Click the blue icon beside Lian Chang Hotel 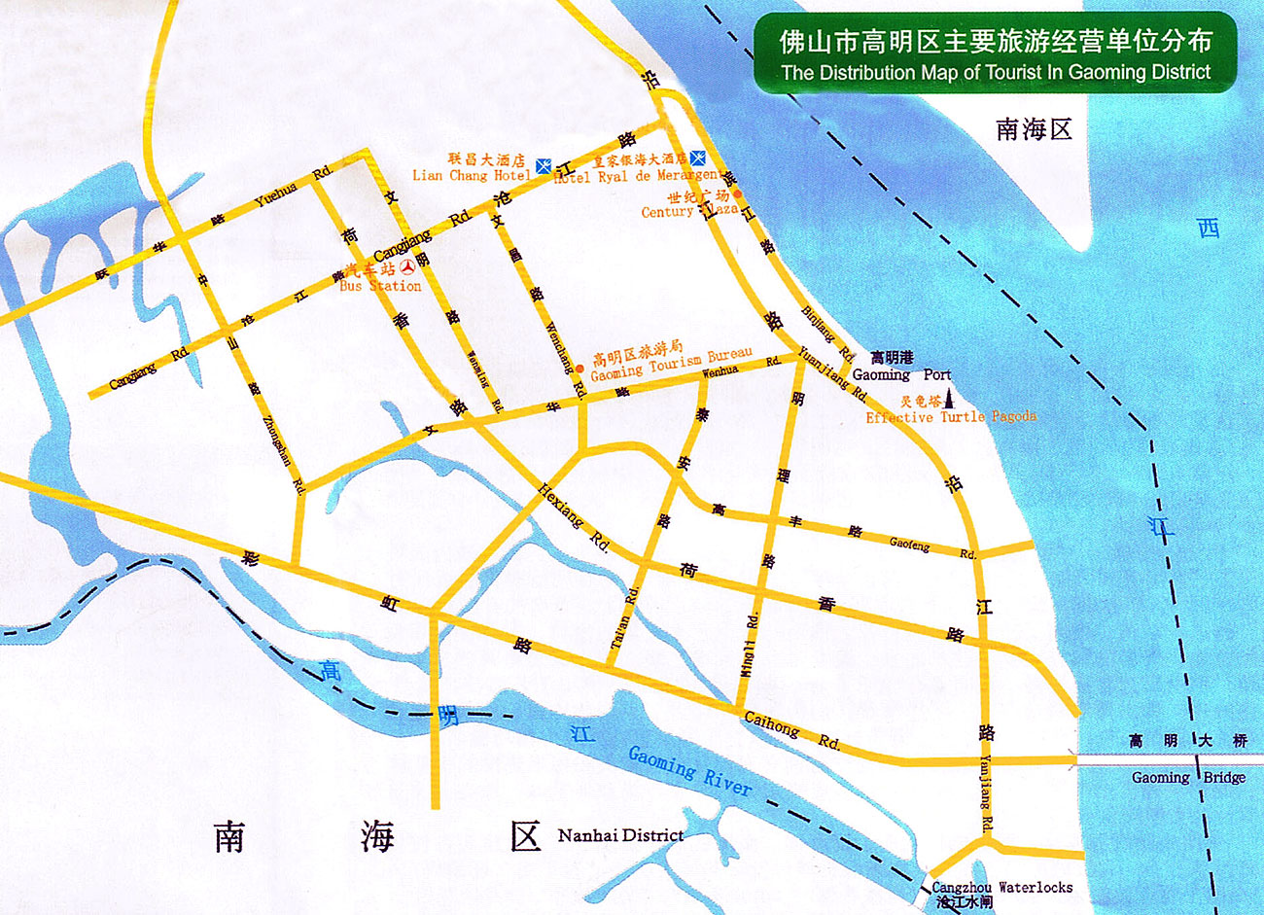click(x=544, y=166)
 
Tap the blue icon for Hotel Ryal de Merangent click(x=698, y=158)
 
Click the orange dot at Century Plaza click(x=737, y=193)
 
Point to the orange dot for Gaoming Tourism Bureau click(x=580, y=369)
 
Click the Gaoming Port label click(x=901, y=374)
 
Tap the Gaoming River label click(x=689, y=770)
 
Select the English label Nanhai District click(x=620, y=835)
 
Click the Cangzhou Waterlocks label click(x=1001, y=887)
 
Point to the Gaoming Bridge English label click(x=1188, y=777)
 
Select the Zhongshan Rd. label click(x=285, y=452)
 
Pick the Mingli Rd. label click(x=750, y=645)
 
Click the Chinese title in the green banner click(x=996, y=41)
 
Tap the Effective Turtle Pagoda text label click(x=951, y=417)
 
